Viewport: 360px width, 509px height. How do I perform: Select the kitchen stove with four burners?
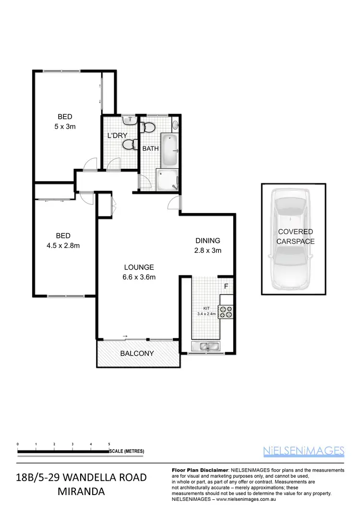(x=225, y=312)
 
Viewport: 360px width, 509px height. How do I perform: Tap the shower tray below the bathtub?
(x=168, y=179)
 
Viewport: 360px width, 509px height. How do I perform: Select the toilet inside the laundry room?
(x=128, y=145)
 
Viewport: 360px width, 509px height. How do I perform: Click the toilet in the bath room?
(x=149, y=128)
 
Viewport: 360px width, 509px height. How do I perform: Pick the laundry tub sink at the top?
(x=128, y=120)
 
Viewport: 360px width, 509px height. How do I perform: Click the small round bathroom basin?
(x=176, y=126)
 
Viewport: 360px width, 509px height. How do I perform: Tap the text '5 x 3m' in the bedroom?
(x=66, y=127)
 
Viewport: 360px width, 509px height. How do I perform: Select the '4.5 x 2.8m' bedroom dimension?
(x=63, y=246)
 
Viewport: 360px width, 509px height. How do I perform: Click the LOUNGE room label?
(x=139, y=267)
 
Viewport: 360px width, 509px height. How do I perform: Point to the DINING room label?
(x=207, y=241)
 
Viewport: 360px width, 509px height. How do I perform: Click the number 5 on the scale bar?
(x=109, y=444)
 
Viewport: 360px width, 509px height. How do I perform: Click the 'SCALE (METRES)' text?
(x=127, y=451)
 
